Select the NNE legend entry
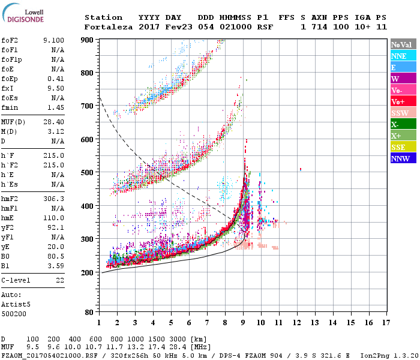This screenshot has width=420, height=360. (399, 56)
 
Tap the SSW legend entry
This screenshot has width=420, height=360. (399, 113)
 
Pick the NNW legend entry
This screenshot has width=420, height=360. (400, 158)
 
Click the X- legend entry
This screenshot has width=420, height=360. (396, 124)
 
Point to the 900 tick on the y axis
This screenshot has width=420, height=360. (88, 40)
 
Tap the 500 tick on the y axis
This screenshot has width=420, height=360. (88, 173)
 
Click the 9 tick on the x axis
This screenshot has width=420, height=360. (243, 322)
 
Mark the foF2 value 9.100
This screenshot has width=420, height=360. (53, 40)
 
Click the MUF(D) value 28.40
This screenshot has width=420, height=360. (54, 122)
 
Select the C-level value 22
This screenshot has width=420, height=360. (59, 280)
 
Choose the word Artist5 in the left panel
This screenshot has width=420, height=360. (13, 304)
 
